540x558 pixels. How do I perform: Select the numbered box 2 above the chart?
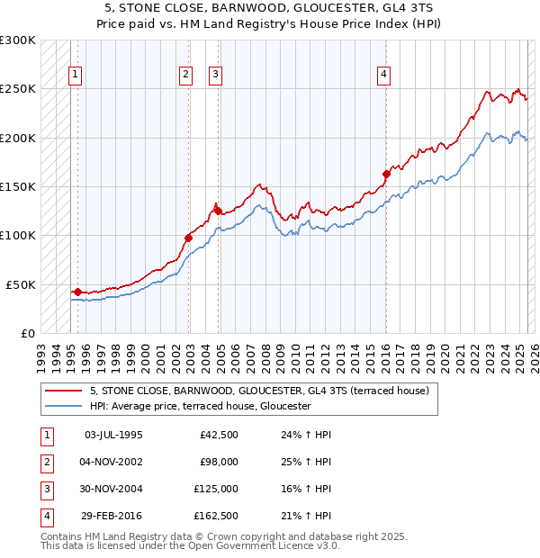184,75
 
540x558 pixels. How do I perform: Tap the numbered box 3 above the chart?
216,75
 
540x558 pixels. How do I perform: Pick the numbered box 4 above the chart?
383,75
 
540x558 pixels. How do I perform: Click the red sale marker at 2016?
386,174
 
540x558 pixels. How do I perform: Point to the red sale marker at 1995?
78,292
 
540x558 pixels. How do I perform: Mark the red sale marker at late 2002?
188,238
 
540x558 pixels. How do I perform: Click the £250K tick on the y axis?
18,89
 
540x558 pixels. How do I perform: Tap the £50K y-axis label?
21,284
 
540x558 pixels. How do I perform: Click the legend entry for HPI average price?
200,406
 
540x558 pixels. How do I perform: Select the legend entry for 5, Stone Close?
261,391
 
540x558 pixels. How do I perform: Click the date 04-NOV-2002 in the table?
112,462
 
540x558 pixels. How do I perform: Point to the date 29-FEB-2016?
112,516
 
